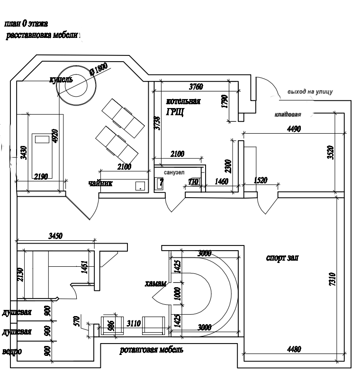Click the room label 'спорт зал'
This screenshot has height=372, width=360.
point(284,258)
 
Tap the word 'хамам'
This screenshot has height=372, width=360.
point(154,284)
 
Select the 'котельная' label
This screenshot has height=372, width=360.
point(184,102)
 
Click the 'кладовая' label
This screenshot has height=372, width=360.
point(288,115)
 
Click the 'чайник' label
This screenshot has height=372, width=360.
point(100,183)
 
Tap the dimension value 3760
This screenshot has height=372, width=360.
point(196,87)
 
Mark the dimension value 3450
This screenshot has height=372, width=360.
point(55,235)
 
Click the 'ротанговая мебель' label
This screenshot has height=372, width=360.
point(151,350)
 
